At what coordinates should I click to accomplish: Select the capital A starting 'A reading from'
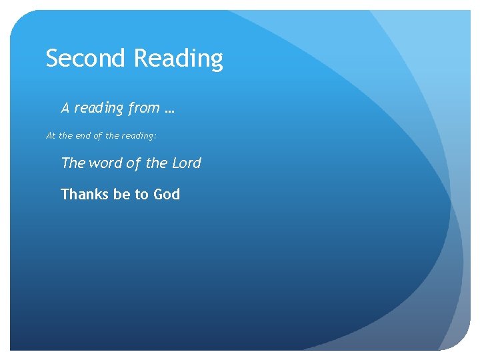65,108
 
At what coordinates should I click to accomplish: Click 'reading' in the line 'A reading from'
97,109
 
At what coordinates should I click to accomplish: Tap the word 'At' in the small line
51,136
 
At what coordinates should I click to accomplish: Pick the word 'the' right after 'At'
65,136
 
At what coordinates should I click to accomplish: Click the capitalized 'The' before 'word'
73,163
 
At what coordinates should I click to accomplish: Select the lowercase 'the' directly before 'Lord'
158,163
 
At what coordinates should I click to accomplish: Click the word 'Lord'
187,163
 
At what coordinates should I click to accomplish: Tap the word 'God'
167,195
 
